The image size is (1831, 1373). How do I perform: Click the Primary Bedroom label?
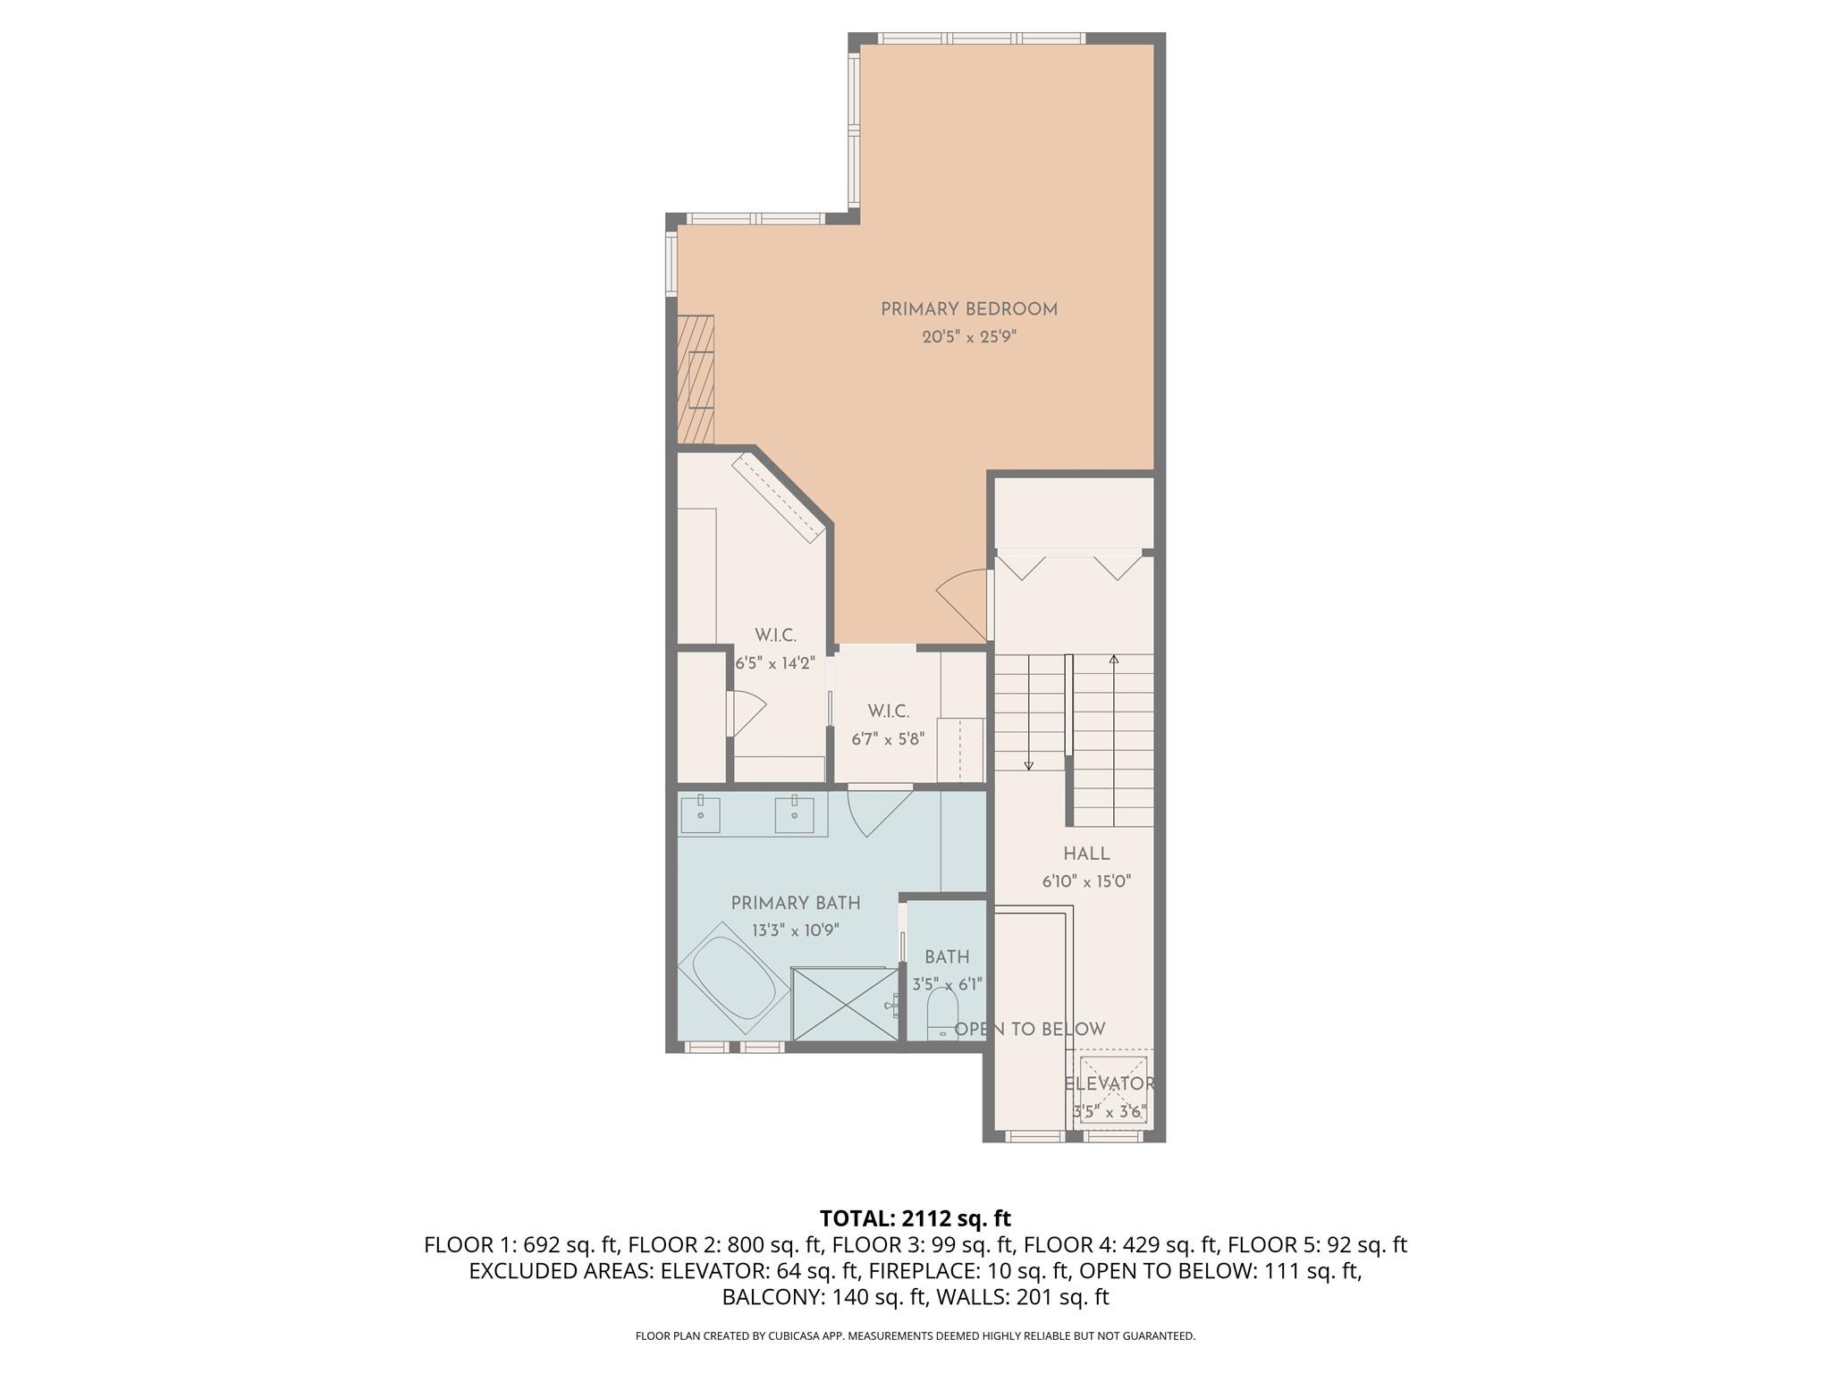pos(969,309)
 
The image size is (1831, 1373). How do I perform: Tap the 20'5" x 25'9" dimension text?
pos(969,338)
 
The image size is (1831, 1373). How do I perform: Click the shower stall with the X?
pos(845,1004)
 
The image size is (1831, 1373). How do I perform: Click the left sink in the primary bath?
pos(700,813)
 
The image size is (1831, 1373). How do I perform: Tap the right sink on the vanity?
pos(794,813)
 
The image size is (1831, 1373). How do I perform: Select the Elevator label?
pos(1110,1083)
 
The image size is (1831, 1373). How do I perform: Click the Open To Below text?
pos(1030,1029)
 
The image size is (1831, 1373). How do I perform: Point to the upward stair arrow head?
pos(1114,660)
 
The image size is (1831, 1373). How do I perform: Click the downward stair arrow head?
pos(1029,765)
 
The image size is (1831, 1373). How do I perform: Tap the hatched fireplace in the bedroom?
pos(696,379)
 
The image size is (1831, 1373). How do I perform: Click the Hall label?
pos(1086,854)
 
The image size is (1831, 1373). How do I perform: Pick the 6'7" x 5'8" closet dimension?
pos(888,739)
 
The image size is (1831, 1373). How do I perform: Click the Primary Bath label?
pos(796,903)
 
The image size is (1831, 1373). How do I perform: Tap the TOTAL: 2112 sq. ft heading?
pos(915,1218)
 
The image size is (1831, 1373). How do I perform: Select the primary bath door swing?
pos(876,812)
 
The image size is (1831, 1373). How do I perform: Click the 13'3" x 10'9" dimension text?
pos(796,931)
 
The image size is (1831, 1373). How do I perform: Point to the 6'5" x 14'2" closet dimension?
pos(775,663)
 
